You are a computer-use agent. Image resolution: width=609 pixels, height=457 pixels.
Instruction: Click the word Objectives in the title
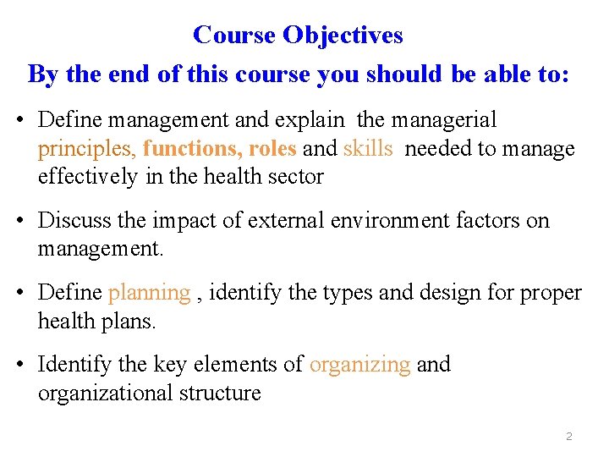[343, 35]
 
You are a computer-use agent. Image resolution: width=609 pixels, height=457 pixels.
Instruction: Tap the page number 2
[568, 437]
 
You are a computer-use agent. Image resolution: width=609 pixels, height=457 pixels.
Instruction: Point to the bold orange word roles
[272, 149]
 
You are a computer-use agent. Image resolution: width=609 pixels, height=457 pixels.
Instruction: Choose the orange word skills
[368, 149]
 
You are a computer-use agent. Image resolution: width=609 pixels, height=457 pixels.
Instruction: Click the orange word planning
[150, 294]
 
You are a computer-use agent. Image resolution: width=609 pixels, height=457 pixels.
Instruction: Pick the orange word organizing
[359, 365]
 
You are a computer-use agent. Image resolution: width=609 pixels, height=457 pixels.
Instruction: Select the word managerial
[447, 120]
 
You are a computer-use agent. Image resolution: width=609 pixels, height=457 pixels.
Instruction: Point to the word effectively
[87, 177]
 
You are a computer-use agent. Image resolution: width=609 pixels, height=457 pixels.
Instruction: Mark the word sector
[297, 177]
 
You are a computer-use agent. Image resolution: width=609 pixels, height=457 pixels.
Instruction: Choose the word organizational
[106, 394]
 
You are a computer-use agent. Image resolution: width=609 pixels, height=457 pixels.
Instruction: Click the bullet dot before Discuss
[19, 222]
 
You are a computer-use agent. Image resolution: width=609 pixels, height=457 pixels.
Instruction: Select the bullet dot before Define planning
[19, 294]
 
